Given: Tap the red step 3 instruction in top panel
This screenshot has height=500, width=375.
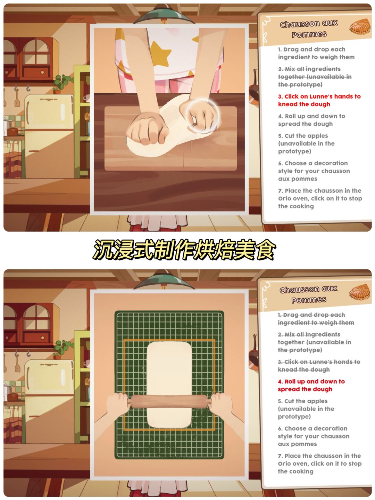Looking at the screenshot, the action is (319, 100).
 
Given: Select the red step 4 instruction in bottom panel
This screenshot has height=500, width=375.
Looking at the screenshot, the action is (311, 385).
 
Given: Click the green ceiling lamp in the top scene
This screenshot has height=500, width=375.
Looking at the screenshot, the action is (164, 15).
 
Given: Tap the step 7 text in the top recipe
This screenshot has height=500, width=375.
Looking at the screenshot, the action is (320, 198).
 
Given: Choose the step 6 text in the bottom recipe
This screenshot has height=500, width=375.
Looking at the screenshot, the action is (314, 436).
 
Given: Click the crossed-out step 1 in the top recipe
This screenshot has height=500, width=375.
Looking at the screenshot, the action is (316, 53).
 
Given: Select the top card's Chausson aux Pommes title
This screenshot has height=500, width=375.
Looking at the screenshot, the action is (309, 29).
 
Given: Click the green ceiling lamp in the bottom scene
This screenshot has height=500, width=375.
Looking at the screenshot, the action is (164, 281).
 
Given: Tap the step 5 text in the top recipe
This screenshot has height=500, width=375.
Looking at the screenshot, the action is (306, 143).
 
